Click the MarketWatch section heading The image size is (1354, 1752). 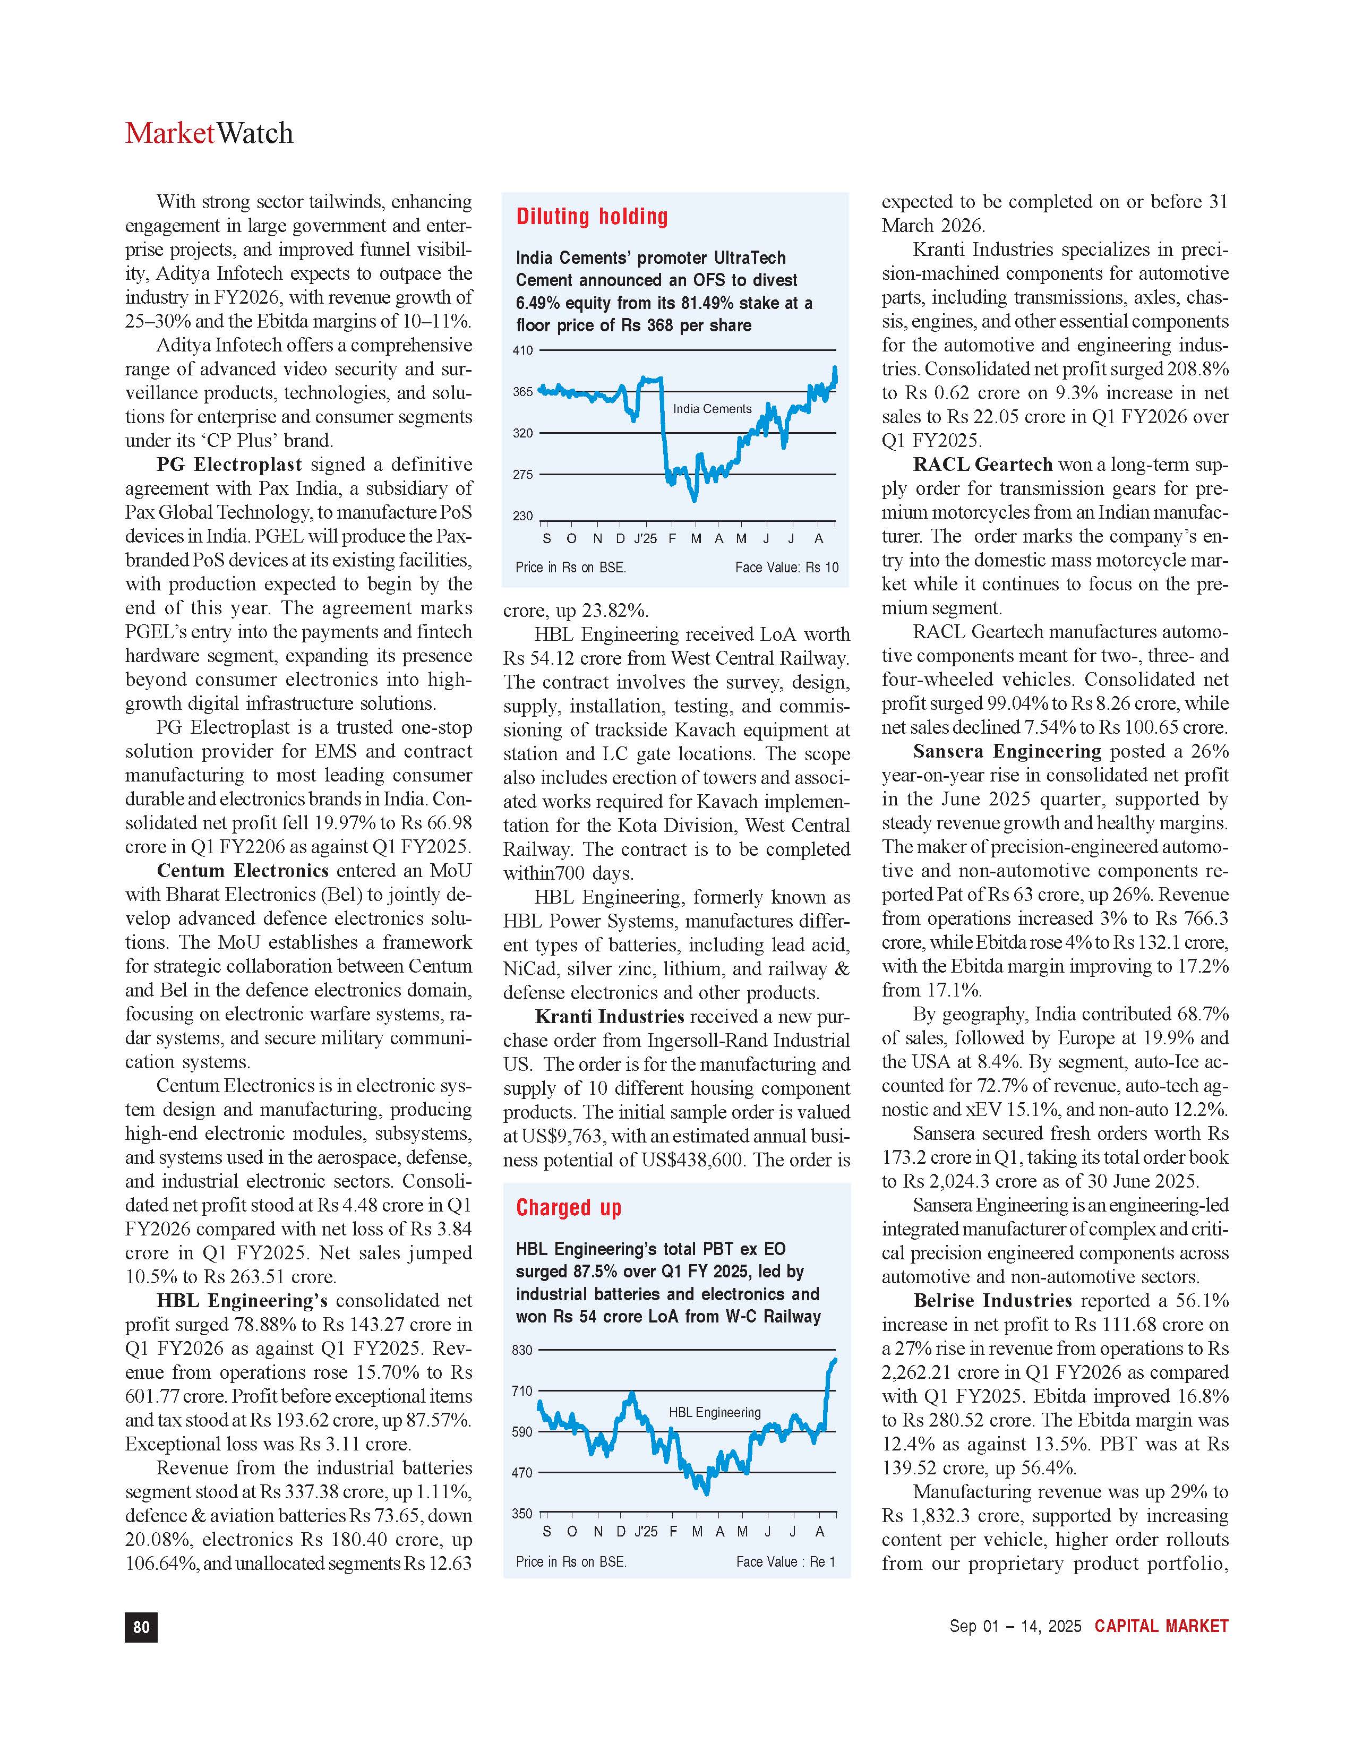coord(209,133)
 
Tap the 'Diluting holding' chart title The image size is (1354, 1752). coord(592,217)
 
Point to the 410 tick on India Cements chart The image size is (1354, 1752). coord(523,350)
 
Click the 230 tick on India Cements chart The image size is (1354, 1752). coord(523,517)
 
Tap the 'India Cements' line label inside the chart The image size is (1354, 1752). coord(712,409)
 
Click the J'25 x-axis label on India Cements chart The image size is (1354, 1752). coord(645,538)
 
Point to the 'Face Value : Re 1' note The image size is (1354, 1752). coord(785,1562)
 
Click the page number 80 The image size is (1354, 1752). coord(141,1626)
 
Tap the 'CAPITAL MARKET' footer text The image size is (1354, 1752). coord(1161,1626)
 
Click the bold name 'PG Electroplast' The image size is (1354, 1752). coord(229,465)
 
